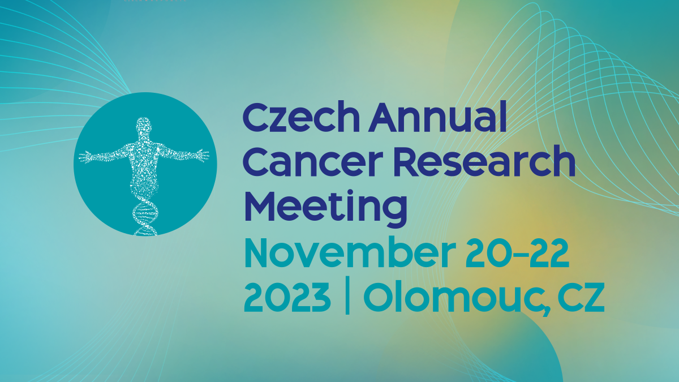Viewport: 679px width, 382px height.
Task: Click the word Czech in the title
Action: coord(301,117)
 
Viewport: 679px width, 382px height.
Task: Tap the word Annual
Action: coord(438,117)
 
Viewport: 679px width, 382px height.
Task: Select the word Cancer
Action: coord(313,162)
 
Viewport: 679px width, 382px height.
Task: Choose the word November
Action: coord(350,252)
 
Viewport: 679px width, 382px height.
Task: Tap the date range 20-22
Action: coord(517,253)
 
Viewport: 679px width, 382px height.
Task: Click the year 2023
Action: coord(287,297)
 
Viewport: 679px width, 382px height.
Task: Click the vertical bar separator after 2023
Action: coord(347,295)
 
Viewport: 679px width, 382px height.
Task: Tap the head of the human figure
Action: coord(143,125)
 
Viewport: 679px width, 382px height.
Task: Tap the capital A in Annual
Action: coord(385,117)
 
